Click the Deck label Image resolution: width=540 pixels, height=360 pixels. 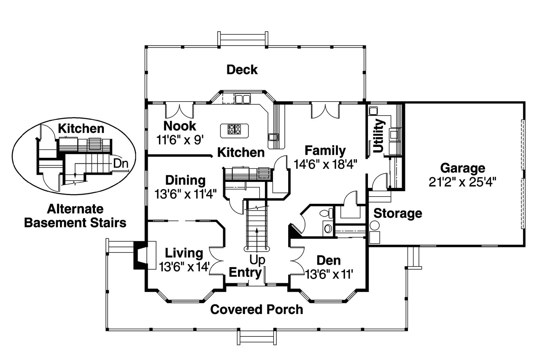[x=242, y=70]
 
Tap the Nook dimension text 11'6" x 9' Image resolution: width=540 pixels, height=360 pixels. [x=180, y=140]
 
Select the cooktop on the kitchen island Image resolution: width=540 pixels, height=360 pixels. [x=234, y=129]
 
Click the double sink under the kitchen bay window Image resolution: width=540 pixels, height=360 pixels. [x=243, y=99]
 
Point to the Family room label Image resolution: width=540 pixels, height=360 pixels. [x=325, y=151]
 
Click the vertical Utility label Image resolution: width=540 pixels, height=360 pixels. [x=378, y=136]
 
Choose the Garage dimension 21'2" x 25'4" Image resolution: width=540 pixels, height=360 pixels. [x=463, y=182]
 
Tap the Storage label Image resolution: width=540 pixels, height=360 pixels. [x=398, y=214]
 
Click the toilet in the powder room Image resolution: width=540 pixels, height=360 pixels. [x=327, y=213]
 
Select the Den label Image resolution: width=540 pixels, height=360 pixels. [x=329, y=260]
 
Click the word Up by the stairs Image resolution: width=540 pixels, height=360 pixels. [x=257, y=260]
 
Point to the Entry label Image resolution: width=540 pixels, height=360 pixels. [x=245, y=273]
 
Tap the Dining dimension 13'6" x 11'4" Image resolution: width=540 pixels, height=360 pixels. [x=185, y=194]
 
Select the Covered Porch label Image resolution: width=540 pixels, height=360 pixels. [x=256, y=310]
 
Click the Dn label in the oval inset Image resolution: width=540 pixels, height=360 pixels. [x=121, y=164]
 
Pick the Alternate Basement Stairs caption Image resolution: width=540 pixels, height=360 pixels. [x=75, y=216]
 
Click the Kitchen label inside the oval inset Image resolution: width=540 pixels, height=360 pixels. [x=81, y=129]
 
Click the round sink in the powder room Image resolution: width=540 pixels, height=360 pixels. [x=328, y=228]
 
